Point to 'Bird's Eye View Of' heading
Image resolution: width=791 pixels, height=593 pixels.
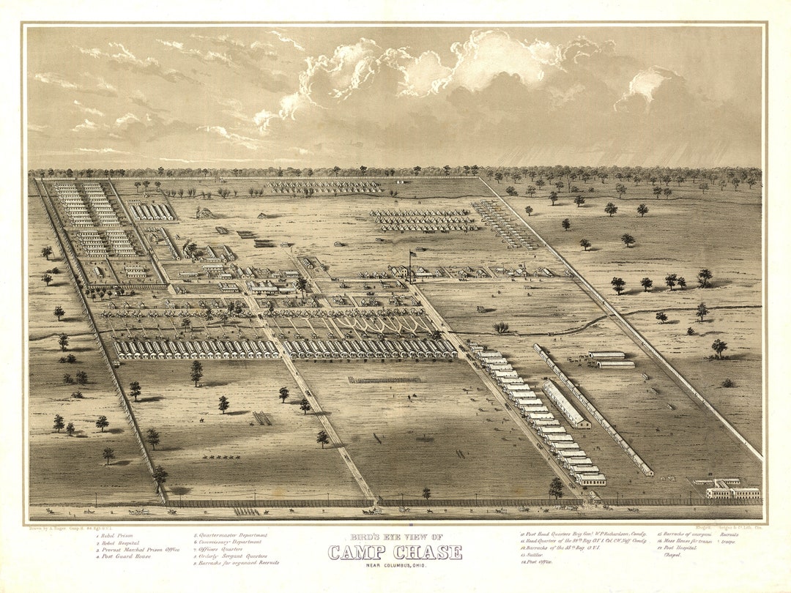395,538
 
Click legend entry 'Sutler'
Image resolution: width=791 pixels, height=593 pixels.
531,555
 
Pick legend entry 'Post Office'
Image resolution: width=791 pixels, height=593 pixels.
535,562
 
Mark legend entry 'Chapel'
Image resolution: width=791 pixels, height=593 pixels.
672,555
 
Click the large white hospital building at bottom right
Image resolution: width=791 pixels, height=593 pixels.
732,491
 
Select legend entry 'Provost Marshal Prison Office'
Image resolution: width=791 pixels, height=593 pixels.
139,548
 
